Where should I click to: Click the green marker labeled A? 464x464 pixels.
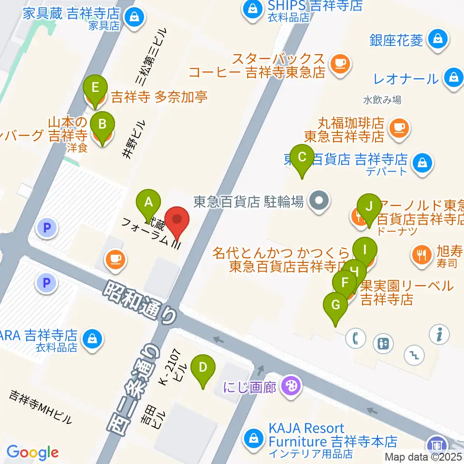pos(148,203)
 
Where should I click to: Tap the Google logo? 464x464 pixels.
pos(32,452)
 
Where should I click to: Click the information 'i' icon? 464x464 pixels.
pos(440,333)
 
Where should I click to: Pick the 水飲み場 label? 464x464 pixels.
pos(382,101)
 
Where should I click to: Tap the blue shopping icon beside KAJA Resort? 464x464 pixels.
pos(253,438)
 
